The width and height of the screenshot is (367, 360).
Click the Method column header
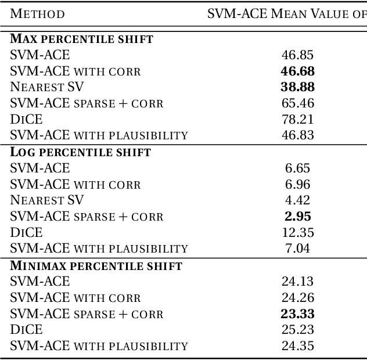point(37,13)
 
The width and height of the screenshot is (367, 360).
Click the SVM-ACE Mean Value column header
point(287,13)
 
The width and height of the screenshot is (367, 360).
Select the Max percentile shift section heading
point(81,39)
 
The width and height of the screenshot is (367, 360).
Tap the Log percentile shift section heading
point(80,153)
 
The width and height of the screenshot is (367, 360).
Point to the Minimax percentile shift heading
point(96,266)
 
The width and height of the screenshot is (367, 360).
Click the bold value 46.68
point(297,71)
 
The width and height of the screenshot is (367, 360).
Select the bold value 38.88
point(297,88)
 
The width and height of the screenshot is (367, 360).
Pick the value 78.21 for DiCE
point(297,120)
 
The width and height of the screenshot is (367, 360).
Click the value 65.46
point(297,104)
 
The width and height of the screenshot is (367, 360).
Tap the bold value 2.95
point(297,217)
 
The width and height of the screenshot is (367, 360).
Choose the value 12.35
point(297,233)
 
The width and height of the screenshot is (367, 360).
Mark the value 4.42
point(297,201)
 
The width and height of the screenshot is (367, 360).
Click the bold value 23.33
point(297,314)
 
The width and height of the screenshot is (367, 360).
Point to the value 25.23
point(297,330)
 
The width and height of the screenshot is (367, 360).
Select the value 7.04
point(297,249)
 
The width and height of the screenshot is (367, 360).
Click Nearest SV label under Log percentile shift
point(47,201)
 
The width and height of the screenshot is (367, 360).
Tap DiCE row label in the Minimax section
point(26,330)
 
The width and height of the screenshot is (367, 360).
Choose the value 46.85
point(297,55)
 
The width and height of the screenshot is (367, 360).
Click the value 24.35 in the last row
point(297,346)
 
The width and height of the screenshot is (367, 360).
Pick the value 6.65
point(297,168)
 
